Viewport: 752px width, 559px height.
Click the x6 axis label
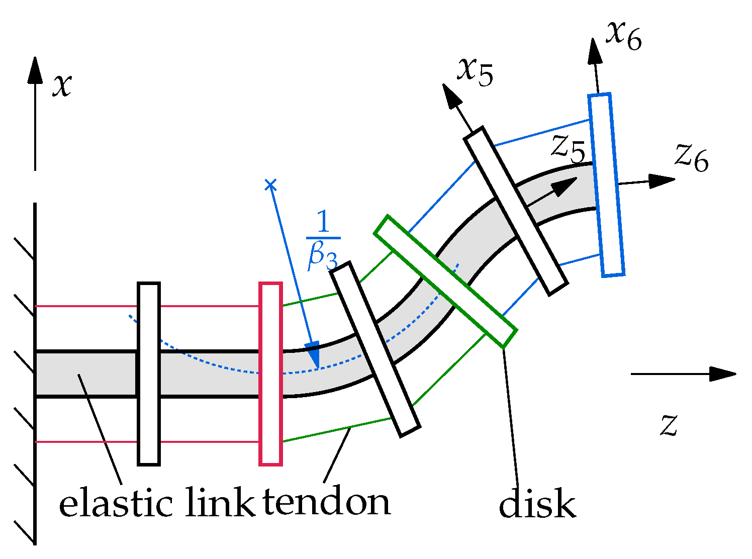(624, 37)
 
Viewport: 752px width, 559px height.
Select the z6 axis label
(692, 158)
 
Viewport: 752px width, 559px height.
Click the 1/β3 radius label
(323, 240)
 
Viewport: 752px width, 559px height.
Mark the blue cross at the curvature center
(270, 185)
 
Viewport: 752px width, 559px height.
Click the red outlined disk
(270, 374)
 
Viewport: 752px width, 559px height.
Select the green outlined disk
(445, 282)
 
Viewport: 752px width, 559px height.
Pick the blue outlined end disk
(607, 184)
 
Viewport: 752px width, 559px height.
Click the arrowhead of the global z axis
(724, 374)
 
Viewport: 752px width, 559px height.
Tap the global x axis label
(62, 85)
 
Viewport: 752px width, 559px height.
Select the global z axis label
(669, 425)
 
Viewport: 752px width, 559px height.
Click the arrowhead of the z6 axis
(663, 180)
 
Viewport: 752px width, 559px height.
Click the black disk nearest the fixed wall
(149, 374)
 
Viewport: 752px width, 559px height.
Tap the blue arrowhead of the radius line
(313, 358)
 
